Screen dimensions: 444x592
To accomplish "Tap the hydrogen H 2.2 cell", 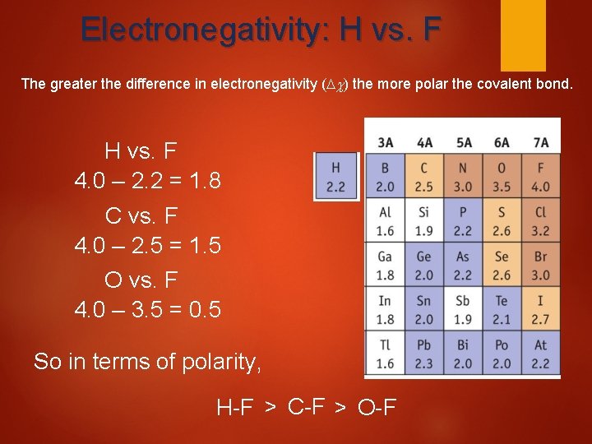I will pyautogui.click(x=335, y=177).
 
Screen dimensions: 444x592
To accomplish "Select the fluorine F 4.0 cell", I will pyautogui.click(x=540, y=177).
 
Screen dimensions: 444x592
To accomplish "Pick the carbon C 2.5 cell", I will pyautogui.click(x=424, y=177).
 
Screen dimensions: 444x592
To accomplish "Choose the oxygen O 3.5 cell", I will pyautogui.click(x=502, y=177).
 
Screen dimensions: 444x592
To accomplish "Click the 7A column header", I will pyautogui.click(x=540, y=142).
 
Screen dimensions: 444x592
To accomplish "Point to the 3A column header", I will pyautogui.click(x=385, y=142).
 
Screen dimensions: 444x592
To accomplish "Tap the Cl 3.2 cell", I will pyautogui.click(x=540, y=221).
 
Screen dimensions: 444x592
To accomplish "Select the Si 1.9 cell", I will pyautogui.click(x=424, y=221).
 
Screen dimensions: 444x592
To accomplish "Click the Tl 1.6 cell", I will pyautogui.click(x=385, y=354).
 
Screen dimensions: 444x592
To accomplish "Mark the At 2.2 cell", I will pyautogui.click(x=540, y=354).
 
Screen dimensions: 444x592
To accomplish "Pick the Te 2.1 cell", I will pyautogui.click(x=502, y=310).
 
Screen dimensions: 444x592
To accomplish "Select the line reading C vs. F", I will pyautogui.click(x=141, y=216).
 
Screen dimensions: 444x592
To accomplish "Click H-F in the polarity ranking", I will pyautogui.click(x=235, y=406).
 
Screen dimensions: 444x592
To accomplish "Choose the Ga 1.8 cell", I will pyautogui.click(x=385, y=266).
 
